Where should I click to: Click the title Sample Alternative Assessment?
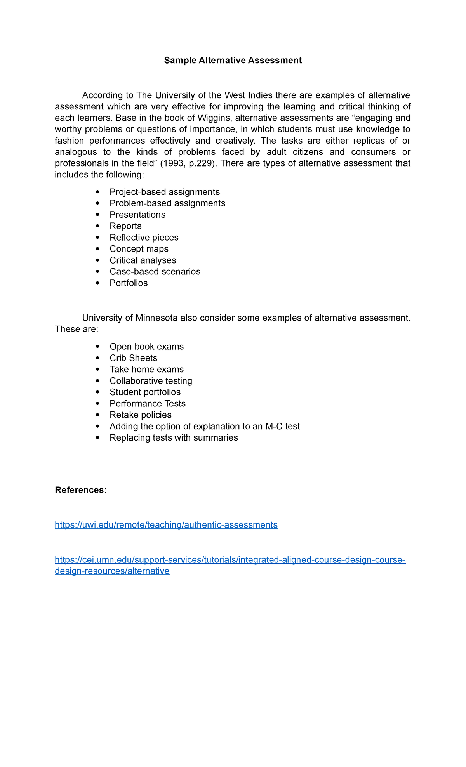pyautogui.click(x=233, y=60)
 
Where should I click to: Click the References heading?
pyautogui.click(x=81, y=490)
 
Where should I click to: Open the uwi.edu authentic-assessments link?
pyautogui.click(x=166, y=525)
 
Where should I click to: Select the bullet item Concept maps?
pyautogui.click(x=139, y=249)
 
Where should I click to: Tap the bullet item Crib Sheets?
pyautogui.click(x=133, y=358)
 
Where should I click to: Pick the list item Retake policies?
pyautogui.click(x=140, y=415)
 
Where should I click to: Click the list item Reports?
pyautogui.click(x=125, y=226)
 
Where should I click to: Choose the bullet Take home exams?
pyautogui.click(x=146, y=369)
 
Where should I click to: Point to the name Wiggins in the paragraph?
pyautogui.click(x=214, y=118)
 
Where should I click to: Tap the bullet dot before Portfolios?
pyautogui.click(x=97, y=283)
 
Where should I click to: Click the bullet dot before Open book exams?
pyautogui.click(x=97, y=347)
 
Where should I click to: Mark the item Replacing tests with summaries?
pyautogui.click(x=174, y=438)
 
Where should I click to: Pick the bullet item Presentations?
pyautogui.click(x=137, y=215)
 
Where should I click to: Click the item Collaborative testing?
pyautogui.click(x=151, y=381)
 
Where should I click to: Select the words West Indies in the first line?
pyautogui.click(x=249, y=95)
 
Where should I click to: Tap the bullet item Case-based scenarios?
pyautogui.click(x=155, y=272)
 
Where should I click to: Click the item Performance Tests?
pyautogui.click(x=148, y=404)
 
